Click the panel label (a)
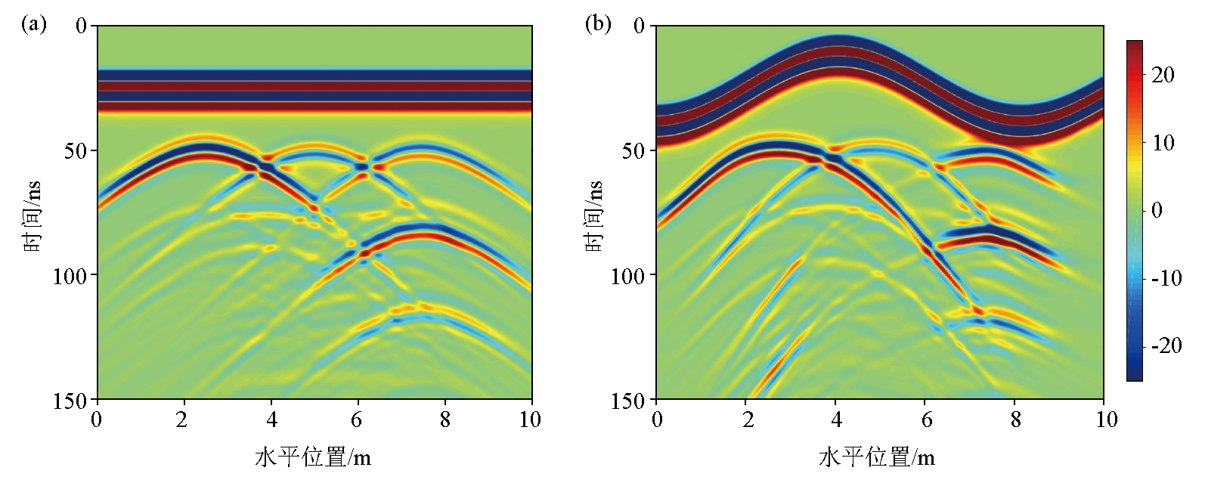(34, 24)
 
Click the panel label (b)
(598, 24)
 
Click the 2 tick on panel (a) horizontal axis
(181, 419)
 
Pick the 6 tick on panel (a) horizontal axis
(357, 419)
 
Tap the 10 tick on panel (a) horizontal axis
(530, 419)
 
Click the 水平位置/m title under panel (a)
(313, 457)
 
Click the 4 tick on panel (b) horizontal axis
(836, 419)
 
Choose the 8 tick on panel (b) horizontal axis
(1015, 419)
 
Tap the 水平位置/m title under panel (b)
(877, 457)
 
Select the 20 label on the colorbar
(1163, 74)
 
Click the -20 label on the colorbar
(1165, 346)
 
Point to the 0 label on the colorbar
(1157, 210)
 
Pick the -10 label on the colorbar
(1165, 278)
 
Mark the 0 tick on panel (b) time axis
(640, 26)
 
